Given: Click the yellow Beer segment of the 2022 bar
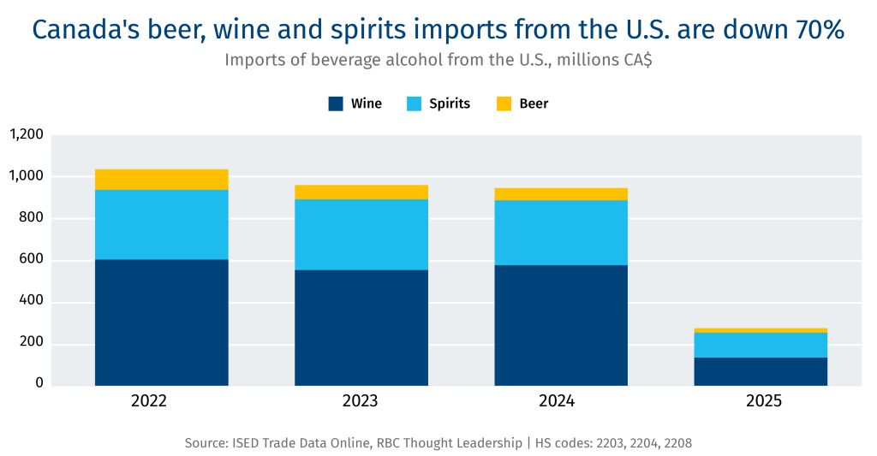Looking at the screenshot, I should pos(161,180).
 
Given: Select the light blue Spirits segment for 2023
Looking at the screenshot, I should pos(361,234).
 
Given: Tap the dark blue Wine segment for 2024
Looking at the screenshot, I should pos(561,325).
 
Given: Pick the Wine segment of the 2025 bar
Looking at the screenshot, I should pos(761,371).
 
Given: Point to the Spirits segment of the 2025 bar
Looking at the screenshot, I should pos(761,345).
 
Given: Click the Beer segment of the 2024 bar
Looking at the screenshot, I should pos(561,194).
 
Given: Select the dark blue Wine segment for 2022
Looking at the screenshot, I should pos(161,322).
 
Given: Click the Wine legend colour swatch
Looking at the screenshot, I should pos(336,104).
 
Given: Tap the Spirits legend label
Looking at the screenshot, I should pos(450,104).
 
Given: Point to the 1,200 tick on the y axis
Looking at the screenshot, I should pos(26,134).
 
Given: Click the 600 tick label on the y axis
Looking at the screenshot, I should pos(32,260).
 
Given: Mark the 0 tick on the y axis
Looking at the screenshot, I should pos(39,383).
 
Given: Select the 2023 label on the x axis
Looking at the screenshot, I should pos(361,401).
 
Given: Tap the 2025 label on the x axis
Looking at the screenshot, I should pos(761,401).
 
